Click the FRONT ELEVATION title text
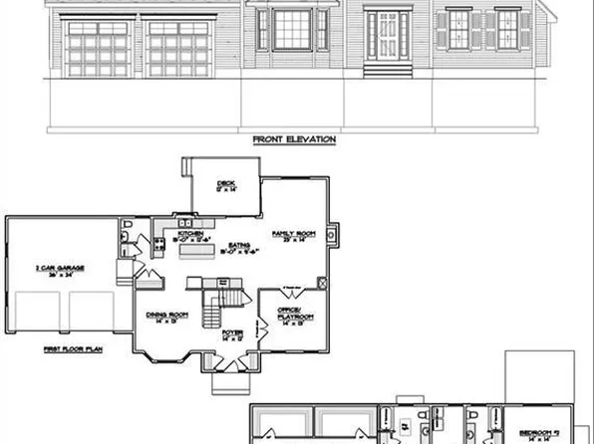click(x=293, y=141)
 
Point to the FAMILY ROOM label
click(x=294, y=234)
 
